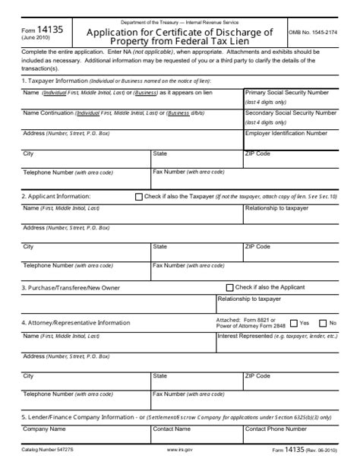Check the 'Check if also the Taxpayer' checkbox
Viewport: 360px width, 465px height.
tap(138, 196)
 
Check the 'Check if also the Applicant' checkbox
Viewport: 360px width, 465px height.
tap(230, 288)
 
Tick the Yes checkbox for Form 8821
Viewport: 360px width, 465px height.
tap(294, 323)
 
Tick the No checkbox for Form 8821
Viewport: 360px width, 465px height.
tap(323, 323)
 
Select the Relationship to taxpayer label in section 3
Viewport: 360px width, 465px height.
tap(249, 299)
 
